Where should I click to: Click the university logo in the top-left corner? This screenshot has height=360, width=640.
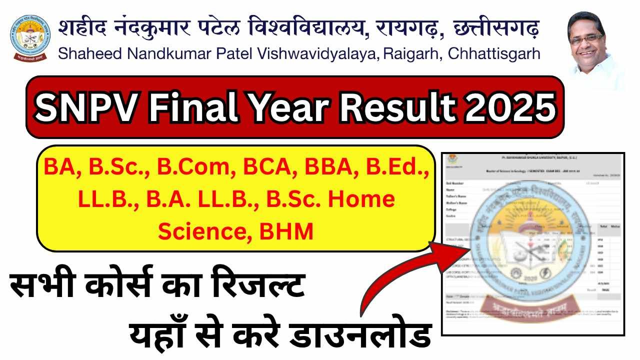(30, 38)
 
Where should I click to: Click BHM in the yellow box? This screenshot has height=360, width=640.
(290, 231)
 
